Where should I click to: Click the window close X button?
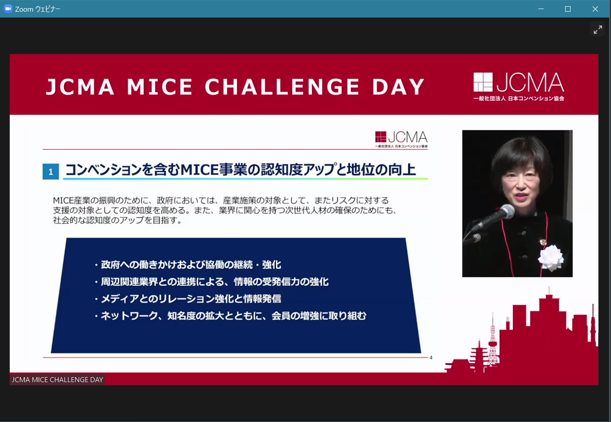click(595, 9)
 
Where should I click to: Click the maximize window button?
click(568, 9)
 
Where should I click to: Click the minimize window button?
click(541, 9)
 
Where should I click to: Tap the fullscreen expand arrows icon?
click(598, 30)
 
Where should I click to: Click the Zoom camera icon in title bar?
click(8, 9)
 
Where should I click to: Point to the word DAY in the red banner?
click(399, 87)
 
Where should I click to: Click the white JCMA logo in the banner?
click(519, 86)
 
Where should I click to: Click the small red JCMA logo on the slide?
click(401, 139)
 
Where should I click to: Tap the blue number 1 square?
click(50, 172)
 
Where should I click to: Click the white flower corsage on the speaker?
click(551, 258)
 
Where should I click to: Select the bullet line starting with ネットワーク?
click(230, 316)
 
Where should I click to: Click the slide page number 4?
click(431, 357)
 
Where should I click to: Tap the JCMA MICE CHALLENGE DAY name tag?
click(57, 380)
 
